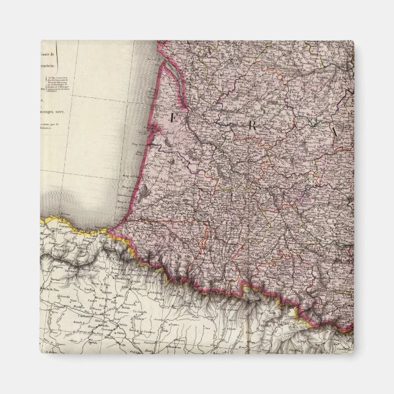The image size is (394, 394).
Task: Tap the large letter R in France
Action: (250, 125)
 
